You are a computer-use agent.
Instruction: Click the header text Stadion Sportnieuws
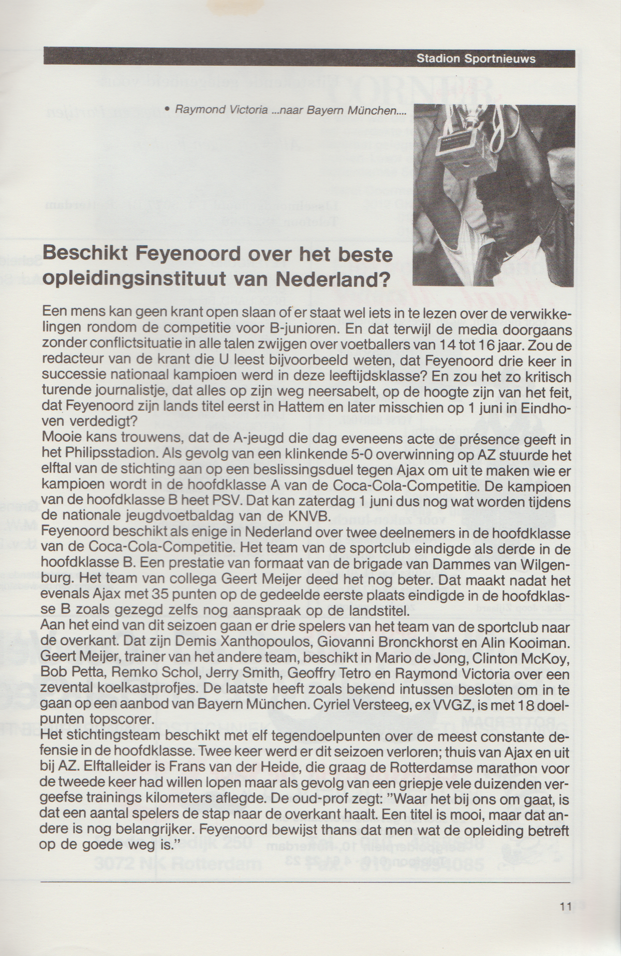(x=476, y=59)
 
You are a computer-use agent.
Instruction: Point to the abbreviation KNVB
(x=310, y=516)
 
